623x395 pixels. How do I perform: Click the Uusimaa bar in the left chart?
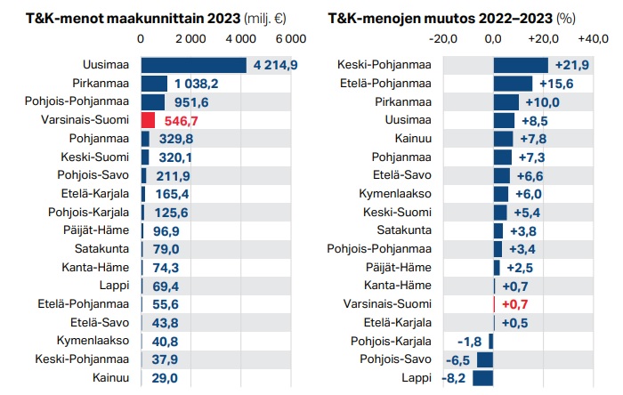(193, 65)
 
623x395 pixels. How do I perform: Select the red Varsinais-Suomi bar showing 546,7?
(149, 120)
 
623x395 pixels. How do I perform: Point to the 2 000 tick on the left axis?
(191, 39)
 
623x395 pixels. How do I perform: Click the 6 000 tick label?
(290, 39)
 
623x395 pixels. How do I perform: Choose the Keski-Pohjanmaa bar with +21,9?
(520, 65)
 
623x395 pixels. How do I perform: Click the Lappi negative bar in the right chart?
(482, 377)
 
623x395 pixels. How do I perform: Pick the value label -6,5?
(458, 360)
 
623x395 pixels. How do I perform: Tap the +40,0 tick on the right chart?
(593, 39)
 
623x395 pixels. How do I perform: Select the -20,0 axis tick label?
(443, 39)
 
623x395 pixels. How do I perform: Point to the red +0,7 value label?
(514, 304)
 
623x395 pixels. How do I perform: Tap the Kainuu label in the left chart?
(111, 378)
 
